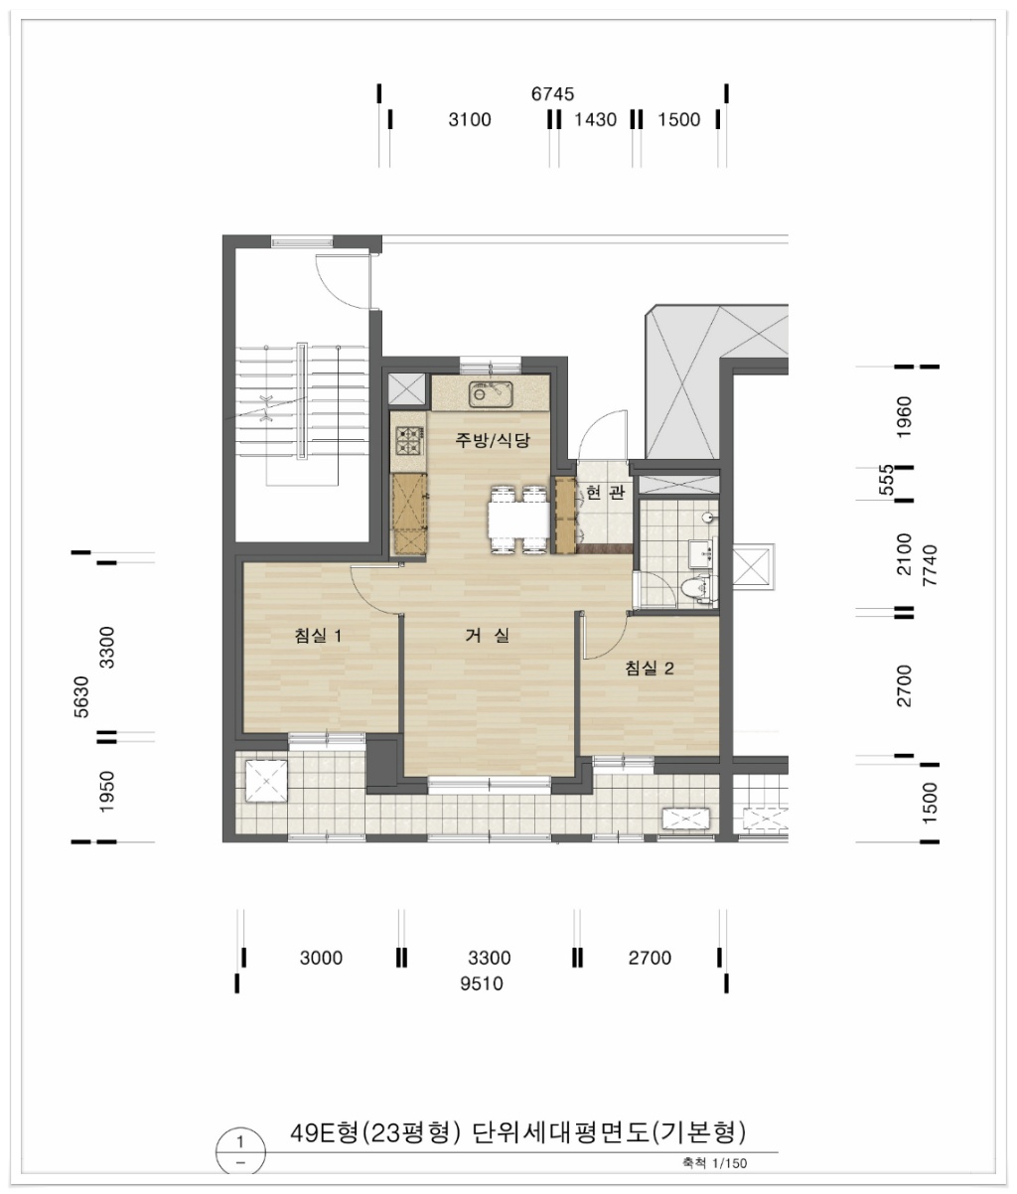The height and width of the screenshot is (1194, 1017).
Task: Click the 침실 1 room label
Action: tap(318, 636)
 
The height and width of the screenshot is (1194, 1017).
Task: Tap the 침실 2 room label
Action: tap(650, 669)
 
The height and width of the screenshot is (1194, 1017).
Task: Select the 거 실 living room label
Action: tap(488, 636)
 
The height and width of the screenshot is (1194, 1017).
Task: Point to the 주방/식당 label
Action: tap(492, 441)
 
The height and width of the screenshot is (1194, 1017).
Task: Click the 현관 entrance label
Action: tap(605, 492)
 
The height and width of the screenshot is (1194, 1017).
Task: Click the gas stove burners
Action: tap(409, 440)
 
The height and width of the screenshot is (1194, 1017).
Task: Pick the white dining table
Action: tap(518, 521)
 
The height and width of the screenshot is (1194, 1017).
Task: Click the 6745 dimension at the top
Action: tap(552, 94)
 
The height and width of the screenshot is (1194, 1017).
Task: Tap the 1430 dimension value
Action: tap(595, 119)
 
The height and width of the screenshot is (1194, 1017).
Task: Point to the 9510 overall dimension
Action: tap(481, 983)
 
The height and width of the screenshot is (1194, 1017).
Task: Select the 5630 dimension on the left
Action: tap(82, 696)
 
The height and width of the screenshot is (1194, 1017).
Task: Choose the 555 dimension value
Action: tap(886, 480)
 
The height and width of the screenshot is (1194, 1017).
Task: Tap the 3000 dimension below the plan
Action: tap(321, 958)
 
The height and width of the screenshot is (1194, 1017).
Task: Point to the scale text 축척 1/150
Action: tap(714, 1163)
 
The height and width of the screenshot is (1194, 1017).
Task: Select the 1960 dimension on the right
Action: tap(904, 417)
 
